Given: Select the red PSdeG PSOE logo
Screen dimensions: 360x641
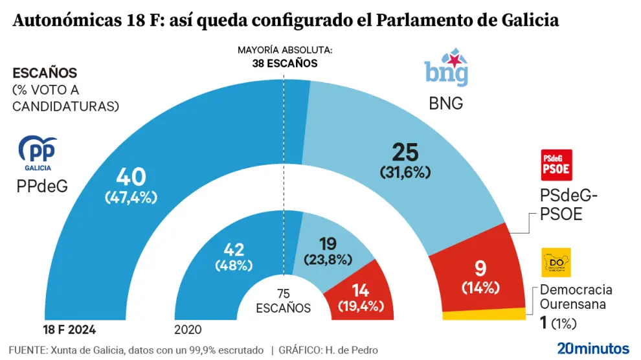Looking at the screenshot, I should (556, 164).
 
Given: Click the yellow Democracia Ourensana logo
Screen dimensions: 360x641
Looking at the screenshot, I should (556, 262).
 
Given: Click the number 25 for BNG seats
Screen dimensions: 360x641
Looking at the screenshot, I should (405, 153).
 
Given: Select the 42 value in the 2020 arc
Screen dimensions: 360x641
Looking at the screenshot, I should (234, 249).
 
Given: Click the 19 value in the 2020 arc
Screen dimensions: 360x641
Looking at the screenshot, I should (327, 243).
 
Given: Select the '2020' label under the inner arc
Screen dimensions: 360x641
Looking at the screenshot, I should (188, 330).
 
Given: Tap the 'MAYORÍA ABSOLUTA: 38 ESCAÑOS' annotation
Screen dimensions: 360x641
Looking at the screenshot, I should (285, 56).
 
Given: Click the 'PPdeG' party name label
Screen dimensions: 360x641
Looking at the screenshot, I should (42, 186).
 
